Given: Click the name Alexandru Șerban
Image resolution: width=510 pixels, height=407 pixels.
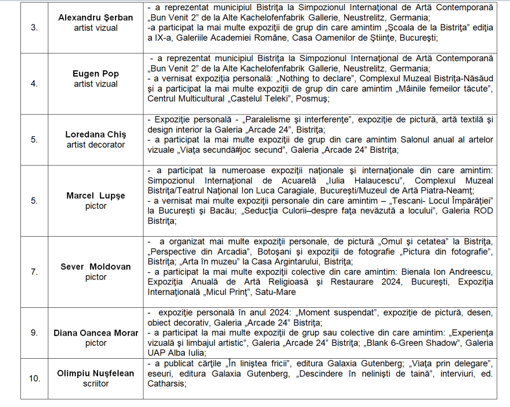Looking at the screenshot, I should [96, 17].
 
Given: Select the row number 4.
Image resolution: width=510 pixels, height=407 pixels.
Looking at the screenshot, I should [34, 84].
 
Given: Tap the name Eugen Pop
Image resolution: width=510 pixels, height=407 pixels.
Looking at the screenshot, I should [96, 74].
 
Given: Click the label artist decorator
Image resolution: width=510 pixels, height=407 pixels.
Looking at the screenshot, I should [96, 144].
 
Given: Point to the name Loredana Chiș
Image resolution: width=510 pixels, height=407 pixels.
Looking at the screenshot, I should [96, 135].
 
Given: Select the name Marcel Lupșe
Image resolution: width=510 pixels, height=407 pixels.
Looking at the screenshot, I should [96, 196].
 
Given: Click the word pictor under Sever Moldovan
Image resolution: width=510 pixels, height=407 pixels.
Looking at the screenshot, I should [96, 277].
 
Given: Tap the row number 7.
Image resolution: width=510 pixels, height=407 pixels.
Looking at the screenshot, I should [34, 272].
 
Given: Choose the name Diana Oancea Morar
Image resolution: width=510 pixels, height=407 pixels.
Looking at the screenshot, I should [96, 333].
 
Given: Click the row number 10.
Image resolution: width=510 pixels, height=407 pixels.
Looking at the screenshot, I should [34, 379].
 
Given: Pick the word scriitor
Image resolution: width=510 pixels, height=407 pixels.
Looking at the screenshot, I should [96, 384].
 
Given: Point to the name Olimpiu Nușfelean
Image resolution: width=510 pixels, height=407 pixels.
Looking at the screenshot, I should [96, 373].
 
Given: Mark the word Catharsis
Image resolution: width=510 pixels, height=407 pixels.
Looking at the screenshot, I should [166, 384].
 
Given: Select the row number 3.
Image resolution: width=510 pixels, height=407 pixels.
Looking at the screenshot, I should [34, 27].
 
